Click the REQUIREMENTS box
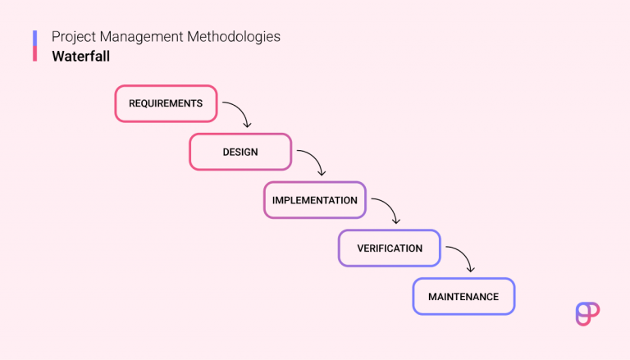point(166,104)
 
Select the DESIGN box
point(240,152)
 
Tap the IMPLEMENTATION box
point(315,200)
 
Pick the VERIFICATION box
point(390,248)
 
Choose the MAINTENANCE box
point(463,296)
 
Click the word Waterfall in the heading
point(80,57)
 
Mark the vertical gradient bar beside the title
point(35,46)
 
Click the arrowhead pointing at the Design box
point(246,125)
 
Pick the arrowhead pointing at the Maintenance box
point(470,269)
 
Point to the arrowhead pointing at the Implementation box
point(321,172)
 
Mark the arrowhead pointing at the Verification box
point(395,221)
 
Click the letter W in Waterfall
point(57,57)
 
